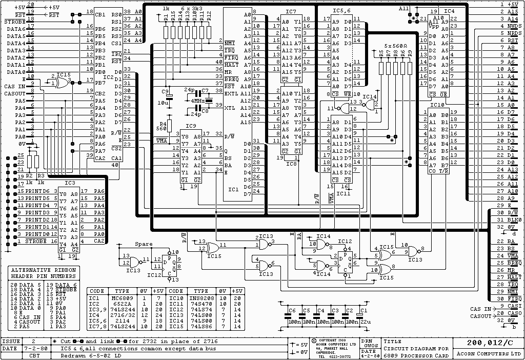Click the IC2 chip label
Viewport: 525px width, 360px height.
[109, 77]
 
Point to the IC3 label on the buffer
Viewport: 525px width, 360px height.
[70, 182]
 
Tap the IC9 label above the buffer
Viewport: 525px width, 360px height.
[190, 126]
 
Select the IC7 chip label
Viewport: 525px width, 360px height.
[291, 11]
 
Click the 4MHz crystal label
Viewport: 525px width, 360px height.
[197, 101]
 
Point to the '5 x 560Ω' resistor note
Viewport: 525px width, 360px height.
[396, 46]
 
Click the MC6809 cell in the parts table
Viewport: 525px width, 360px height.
[121, 298]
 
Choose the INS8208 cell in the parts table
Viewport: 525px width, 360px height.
[201, 298]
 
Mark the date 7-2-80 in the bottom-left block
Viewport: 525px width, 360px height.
[34, 349]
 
